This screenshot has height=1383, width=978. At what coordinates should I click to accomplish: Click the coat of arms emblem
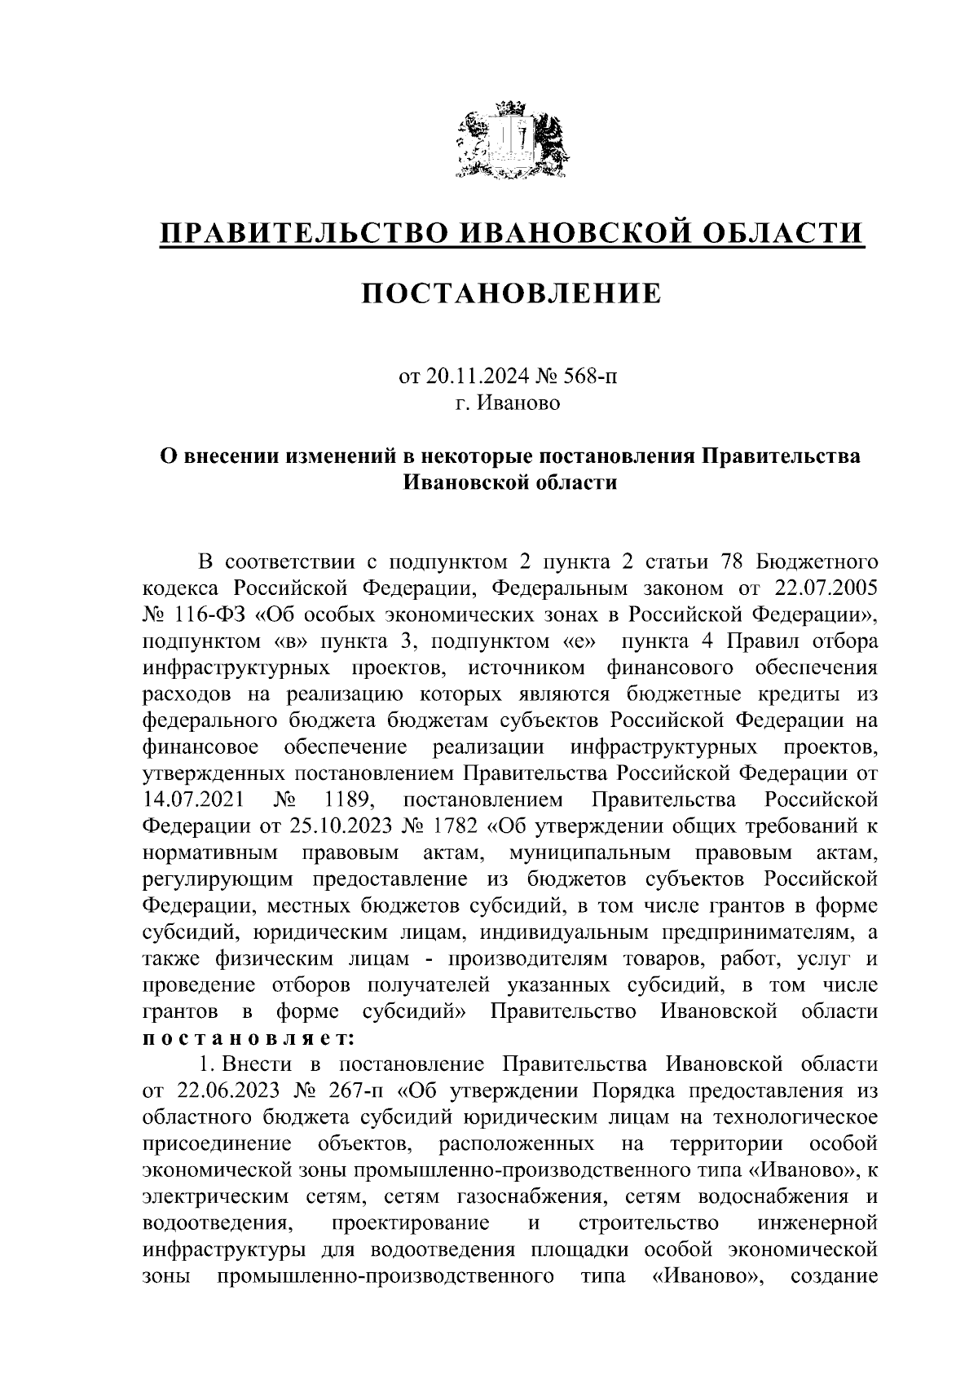click(x=511, y=140)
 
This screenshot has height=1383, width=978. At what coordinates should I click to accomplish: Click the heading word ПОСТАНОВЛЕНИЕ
click(x=511, y=293)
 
